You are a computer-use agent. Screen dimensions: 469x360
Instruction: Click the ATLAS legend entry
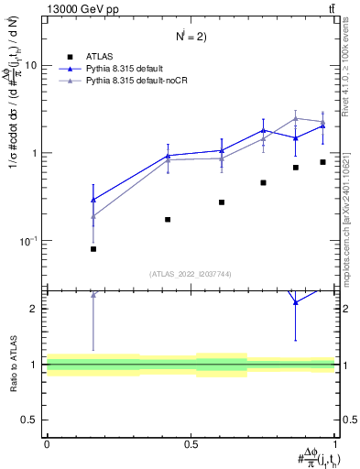[122, 57]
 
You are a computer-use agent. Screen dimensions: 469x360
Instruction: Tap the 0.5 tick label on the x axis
[191, 443]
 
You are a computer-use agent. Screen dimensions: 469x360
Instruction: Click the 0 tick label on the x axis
[47, 443]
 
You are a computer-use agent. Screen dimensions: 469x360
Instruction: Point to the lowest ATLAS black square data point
[93, 249]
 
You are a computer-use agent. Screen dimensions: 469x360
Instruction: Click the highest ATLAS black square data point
[322, 162]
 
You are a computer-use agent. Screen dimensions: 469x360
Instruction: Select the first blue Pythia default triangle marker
[93, 200]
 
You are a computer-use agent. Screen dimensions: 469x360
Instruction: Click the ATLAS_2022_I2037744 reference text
[191, 274]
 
